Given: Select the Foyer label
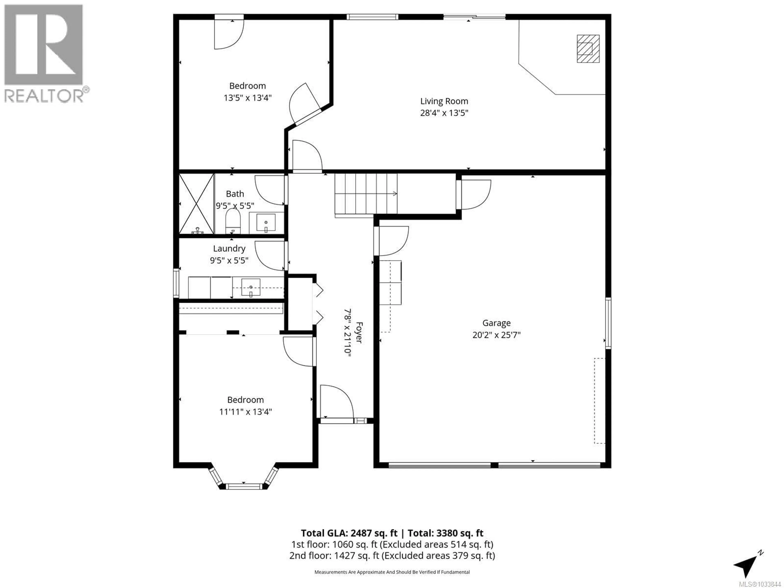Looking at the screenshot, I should [x=359, y=332].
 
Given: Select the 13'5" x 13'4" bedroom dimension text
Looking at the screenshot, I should [x=247, y=98].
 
